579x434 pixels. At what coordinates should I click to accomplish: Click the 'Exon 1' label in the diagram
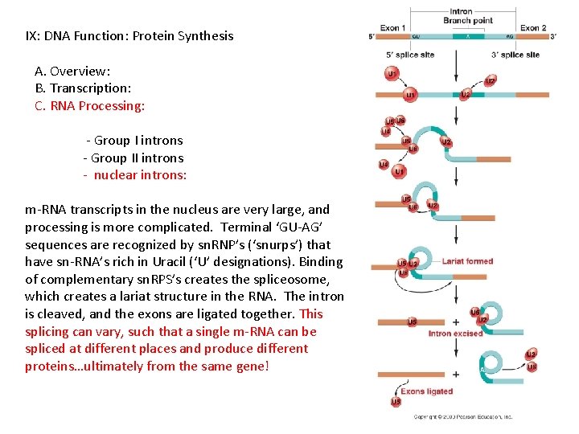click(392, 28)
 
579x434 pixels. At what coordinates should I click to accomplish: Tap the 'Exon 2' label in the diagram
click(533, 28)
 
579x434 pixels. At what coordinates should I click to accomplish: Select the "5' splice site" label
click(410, 55)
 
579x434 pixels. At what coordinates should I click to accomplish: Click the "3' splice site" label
click(515, 55)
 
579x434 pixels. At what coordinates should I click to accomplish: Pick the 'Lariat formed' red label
click(467, 261)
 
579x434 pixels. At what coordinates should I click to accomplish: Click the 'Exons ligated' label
click(426, 391)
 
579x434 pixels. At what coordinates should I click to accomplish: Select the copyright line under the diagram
click(462, 417)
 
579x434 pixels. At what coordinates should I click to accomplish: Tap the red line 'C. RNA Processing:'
click(90, 105)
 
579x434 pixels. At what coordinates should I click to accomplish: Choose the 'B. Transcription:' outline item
click(84, 88)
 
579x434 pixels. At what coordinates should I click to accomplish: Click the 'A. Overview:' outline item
click(73, 71)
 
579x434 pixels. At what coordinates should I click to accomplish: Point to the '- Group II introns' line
click(133, 158)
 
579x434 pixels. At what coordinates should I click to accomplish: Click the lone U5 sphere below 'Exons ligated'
click(396, 402)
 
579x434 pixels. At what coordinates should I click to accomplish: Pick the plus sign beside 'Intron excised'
click(456, 321)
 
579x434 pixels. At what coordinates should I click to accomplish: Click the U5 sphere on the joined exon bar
click(413, 322)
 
